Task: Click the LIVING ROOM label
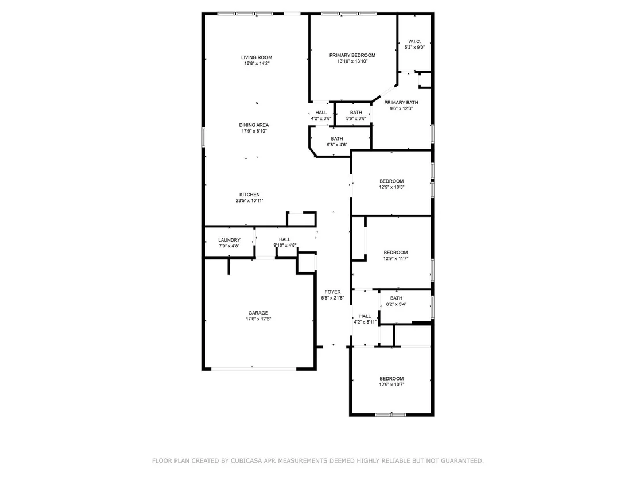[257, 57]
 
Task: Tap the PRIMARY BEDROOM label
[352, 55]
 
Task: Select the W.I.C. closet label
[414, 41]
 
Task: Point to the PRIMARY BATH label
[401, 103]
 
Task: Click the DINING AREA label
[254, 125]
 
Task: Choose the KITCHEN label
[250, 195]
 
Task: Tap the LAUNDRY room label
[229, 240]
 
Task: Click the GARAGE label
[258, 313]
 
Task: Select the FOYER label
[332, 292]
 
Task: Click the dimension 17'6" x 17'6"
[258, 319]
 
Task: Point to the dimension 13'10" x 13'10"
[352, 61]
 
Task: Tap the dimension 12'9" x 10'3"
[391, 187]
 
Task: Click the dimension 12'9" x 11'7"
[395, 258]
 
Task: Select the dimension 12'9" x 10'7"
[391, 385]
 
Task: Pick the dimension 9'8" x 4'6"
[337, 145]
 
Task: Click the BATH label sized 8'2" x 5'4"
[396, 298]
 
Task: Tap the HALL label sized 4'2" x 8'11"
[365, 316]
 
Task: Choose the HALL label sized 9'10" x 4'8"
[285, 240]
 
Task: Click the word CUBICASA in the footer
[246, 461]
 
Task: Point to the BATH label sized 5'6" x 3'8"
[356, 113]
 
